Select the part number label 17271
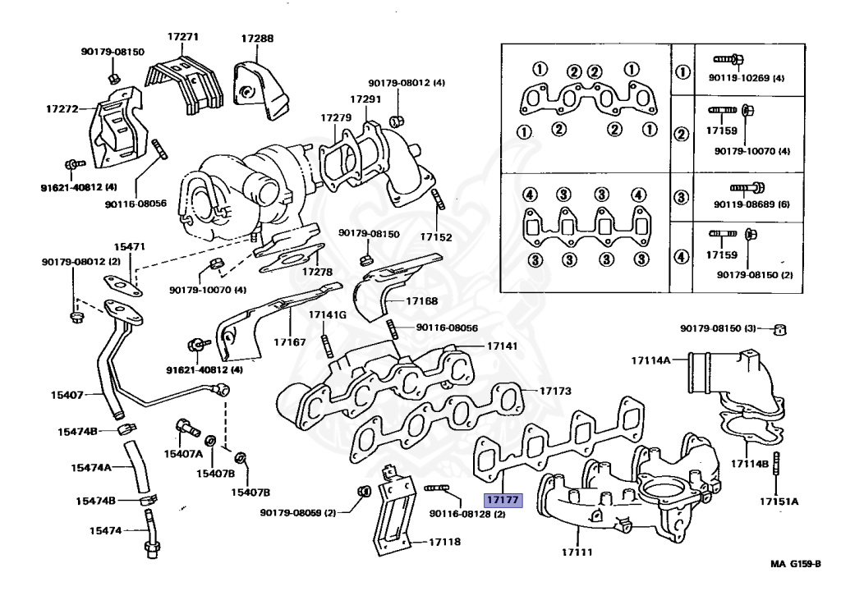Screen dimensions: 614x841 click(183, 38)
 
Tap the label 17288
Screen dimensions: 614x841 click(257, 39)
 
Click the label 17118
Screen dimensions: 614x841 click(444, 542)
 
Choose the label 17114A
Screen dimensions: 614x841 click(651, 360)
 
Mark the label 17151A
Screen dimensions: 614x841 click(779, 501)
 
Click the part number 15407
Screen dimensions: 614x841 click(67, 395)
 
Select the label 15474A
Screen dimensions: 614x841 click(90, 468)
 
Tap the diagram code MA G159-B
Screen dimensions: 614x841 click(795, 564)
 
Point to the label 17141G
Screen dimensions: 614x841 click(328, 315)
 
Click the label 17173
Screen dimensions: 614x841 click(555, 391)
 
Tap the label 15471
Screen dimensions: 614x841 click(129, 246)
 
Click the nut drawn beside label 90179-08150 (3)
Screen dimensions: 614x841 click(779, 330)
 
